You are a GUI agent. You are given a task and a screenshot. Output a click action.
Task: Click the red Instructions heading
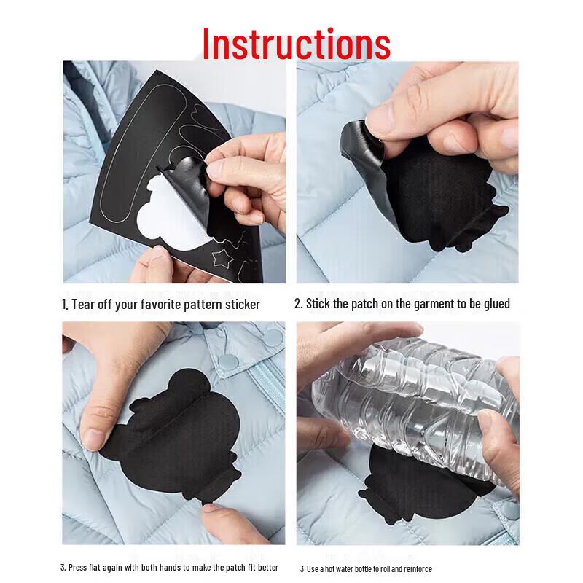tap(297, 44)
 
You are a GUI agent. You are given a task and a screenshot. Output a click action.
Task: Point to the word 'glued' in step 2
tap(497, 303)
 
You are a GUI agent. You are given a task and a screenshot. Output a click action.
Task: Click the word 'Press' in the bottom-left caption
tap(77, 568)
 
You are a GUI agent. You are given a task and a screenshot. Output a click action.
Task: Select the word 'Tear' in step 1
tap(83, 305)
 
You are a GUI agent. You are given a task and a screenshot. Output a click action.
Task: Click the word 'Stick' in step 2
tap(318, 304)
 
